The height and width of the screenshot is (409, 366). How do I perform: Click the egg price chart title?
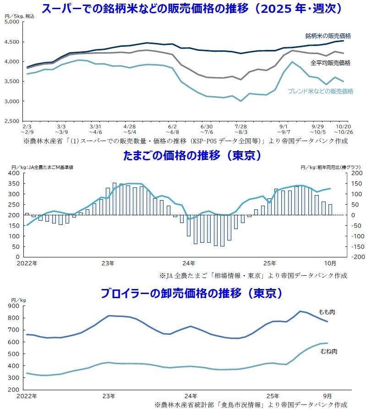192,156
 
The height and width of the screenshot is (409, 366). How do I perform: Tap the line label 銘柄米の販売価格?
328,36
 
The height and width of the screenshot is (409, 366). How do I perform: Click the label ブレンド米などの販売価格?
320,91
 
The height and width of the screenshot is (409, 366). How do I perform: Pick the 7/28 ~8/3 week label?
241,128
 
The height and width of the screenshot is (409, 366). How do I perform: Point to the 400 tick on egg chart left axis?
13,173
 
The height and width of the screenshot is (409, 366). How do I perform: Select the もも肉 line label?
327,312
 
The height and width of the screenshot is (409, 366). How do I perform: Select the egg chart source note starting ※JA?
253,275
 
